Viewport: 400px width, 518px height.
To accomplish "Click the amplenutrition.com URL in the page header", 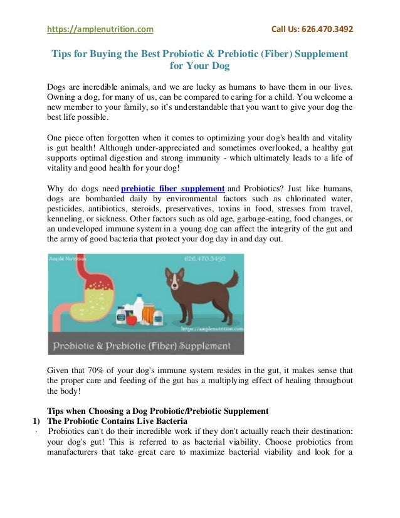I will point(100,29).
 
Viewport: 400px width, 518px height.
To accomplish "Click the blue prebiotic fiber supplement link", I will point(172,189).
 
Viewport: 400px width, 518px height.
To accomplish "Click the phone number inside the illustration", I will point(206,258).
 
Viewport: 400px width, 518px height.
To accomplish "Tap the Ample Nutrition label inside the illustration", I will point(68,258).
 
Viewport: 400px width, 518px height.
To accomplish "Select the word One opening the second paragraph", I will point(56,138).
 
